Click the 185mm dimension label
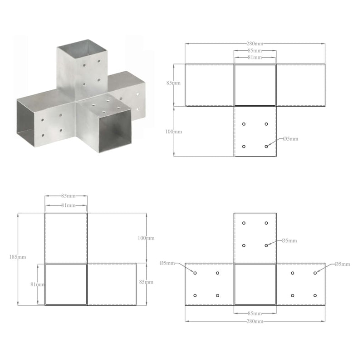[x=19, y=257]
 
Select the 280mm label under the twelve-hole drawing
[x=255, y=321]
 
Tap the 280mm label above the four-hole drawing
[x=255, y=44]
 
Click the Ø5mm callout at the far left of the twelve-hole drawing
[x=167, y=263]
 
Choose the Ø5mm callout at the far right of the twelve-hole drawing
[x=343, y=264]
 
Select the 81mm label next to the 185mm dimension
[x=38, y=285]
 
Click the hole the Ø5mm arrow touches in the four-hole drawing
[x=266, y=147]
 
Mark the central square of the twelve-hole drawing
[x=255, y=284]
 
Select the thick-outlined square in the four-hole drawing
[x=255, y=85]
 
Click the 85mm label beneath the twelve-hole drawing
[x=255, y=314]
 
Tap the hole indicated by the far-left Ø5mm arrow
[x=196, y=273]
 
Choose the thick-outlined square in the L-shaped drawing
[x=66, y=284]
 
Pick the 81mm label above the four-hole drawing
[x=255, y=58]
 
